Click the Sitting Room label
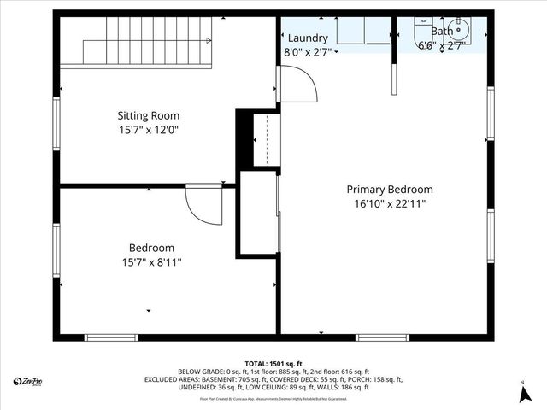coord(148,115)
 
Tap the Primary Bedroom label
coord(389,190)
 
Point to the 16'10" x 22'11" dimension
coord(389,204)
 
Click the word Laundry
coord(308,38)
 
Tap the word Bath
coord(442,32)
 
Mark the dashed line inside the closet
coord(268,139)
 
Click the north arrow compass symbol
coord(521,392)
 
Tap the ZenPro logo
coord(28,381)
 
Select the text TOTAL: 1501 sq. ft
coord(273,363)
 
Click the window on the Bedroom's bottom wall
coord(111,337)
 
